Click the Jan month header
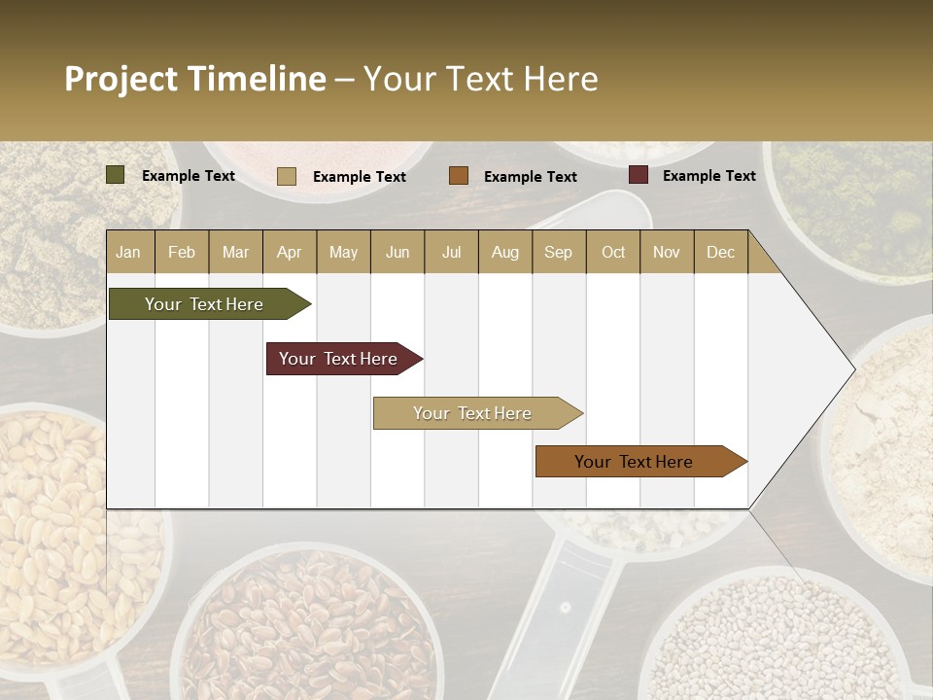click(x=128, y=252)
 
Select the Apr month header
click(x=289, y=252)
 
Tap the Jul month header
click(x=451, y=252)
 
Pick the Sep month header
click(x=558, y=252)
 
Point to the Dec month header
click(x=720, y=252)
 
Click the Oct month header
click(x=613, y=252)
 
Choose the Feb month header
click(x=182, y=252)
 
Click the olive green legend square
click(x=116, y=175)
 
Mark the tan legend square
click(x=287, y=176)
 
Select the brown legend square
click(x=459, y=176)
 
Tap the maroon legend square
click(x=639, y=175)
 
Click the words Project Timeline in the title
click(x=194, y=79)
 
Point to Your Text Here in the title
click(x=480, y=79)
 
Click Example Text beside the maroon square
click(x=708, y=176)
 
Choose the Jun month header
click(x=397, y=252)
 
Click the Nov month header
click(x=667, y=252)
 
